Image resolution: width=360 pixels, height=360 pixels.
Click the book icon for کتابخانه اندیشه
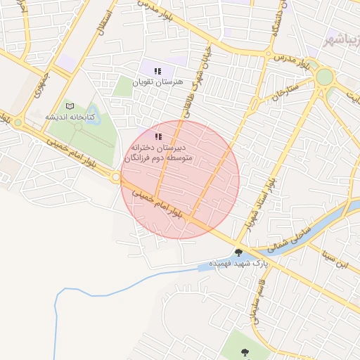(x=69, y=105)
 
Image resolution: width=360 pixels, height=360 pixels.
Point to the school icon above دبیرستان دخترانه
(x=159, y=136)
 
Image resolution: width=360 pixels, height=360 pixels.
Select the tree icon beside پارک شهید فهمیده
(x=238, y=252)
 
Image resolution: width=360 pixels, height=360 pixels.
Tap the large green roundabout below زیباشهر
(x=324, y=77)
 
